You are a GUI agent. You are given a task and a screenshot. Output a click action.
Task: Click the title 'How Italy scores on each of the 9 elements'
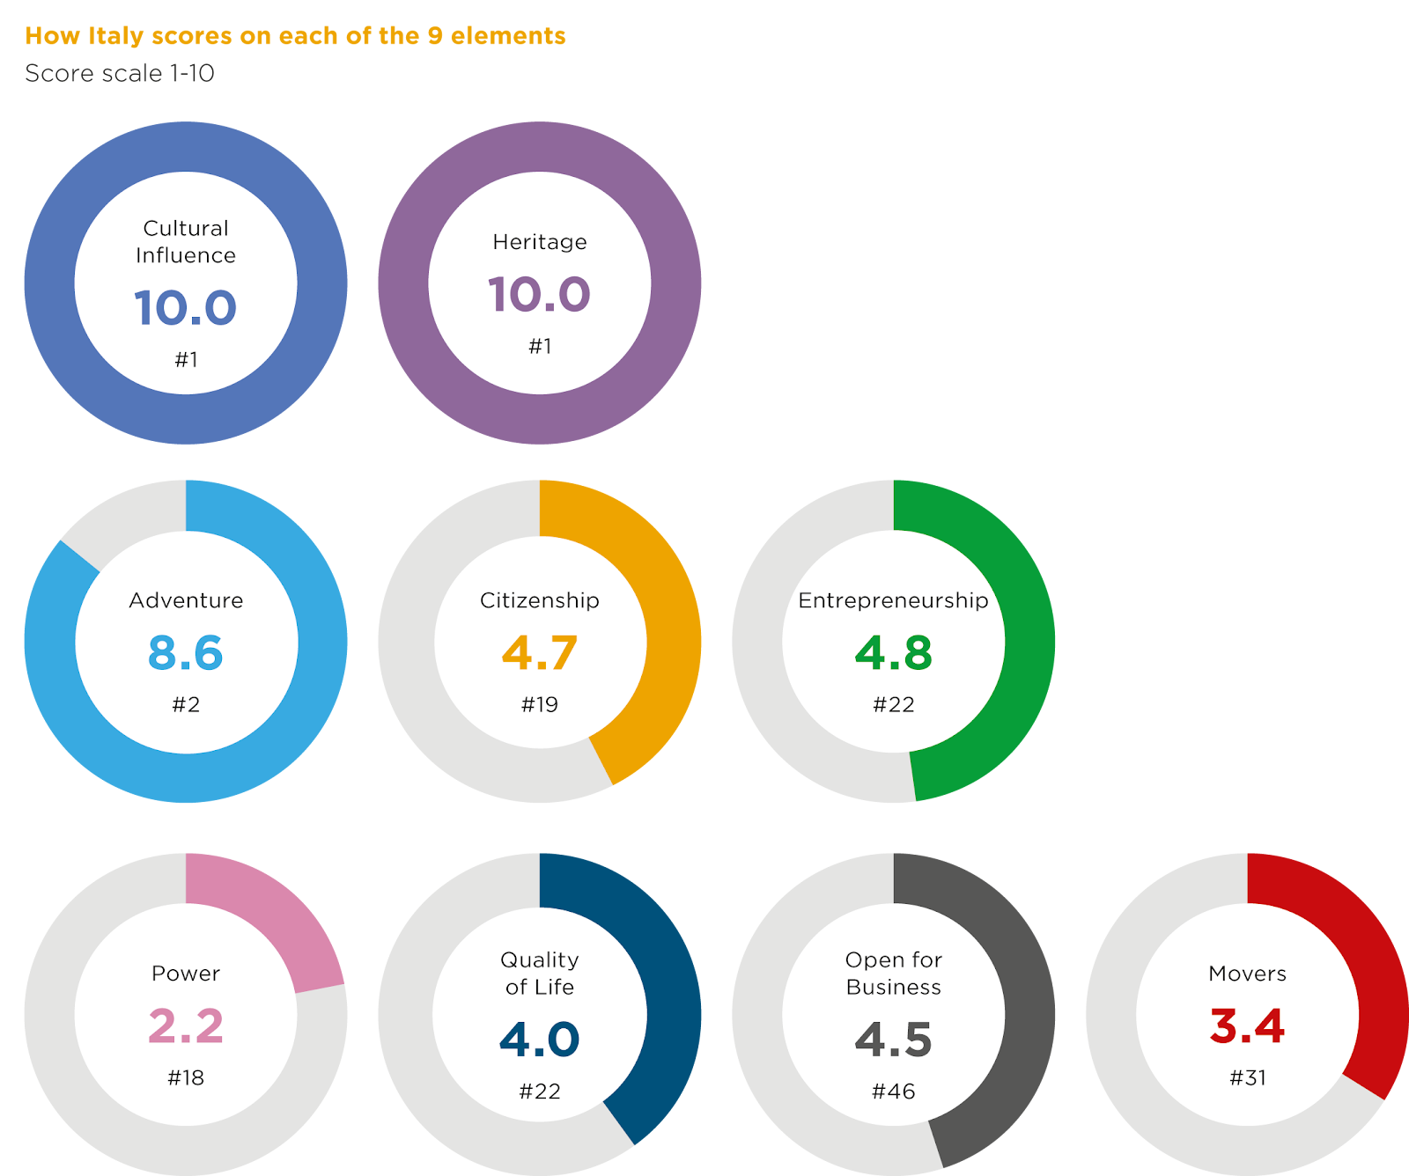295,36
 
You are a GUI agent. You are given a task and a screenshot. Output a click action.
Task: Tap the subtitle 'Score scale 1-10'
120,73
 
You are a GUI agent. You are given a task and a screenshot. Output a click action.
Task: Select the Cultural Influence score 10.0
186,308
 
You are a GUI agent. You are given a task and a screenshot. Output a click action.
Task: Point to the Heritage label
540,242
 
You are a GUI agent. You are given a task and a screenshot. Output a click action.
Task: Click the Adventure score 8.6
186,653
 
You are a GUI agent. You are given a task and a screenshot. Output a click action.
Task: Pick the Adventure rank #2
186,704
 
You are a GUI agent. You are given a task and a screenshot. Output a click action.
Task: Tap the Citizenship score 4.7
540,653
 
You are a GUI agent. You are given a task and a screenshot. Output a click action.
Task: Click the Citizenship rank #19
540,704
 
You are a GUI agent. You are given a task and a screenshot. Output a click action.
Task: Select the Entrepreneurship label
893,600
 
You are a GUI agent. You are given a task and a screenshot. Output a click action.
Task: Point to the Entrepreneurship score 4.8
893,653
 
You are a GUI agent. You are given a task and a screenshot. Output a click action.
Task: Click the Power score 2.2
186,1026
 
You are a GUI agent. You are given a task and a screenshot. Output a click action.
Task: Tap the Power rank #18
186,1077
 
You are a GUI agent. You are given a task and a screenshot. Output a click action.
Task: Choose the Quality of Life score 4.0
540,1040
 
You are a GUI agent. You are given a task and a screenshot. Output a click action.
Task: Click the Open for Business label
893,973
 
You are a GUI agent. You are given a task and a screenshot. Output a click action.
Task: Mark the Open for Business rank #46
893,1091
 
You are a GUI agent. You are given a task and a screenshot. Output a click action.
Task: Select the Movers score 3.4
1247,1026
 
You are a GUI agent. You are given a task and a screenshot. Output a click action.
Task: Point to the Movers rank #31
1247,1077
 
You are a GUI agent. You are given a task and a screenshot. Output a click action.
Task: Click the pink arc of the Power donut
264,915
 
